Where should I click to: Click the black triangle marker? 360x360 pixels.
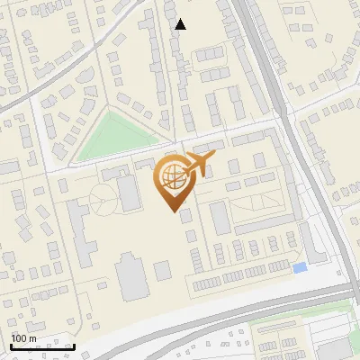click(181, 24)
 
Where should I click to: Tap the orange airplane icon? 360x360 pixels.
click(198, 164)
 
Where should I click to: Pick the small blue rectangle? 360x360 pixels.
click(300, 267)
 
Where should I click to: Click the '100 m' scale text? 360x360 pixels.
click(23, 338)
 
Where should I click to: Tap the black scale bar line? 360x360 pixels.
click(41, 346)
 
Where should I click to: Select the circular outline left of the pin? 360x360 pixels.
click(103, 197)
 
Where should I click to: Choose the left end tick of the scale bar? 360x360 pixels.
click(10, 345)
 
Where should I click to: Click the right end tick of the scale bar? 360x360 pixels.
click(74, 345)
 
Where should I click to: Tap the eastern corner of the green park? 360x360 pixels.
click(171, 139)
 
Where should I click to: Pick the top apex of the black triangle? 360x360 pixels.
click(181, 19)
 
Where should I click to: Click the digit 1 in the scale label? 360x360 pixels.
click(13, 338)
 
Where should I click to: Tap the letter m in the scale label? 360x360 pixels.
click(32, 339)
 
